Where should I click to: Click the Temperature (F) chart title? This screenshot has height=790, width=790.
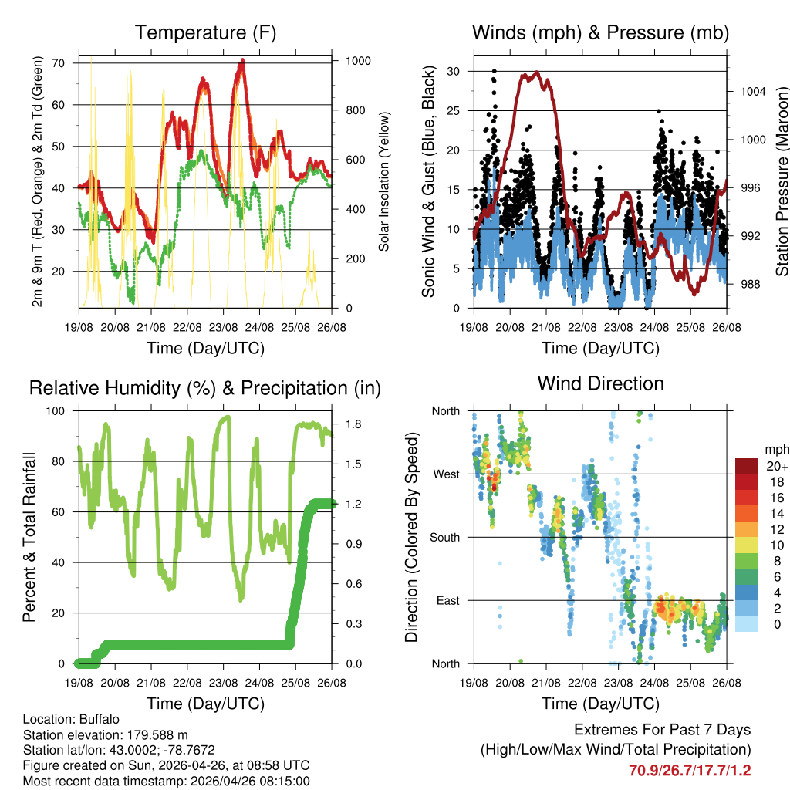click(205, 32)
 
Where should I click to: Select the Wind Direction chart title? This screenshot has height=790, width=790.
click(600, 383)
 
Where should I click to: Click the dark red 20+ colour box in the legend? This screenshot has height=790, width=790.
click(745, 466)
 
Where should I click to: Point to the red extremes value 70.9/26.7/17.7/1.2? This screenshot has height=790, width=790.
click(690, 770)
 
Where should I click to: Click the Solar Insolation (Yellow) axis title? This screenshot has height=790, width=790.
click(383, 181)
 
